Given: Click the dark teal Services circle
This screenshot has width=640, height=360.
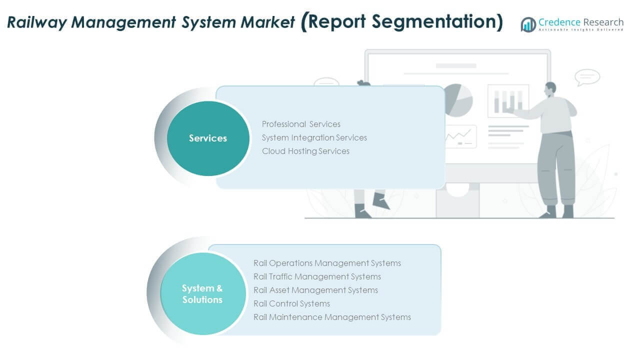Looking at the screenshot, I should pyautogui.click(x=208, y=138).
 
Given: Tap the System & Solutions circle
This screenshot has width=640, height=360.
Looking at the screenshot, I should pyautogui.click(x=202, y=293).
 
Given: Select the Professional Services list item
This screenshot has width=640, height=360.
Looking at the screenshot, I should pyautogui.click(x=301, y=124).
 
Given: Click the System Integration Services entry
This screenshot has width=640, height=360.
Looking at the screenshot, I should pyautogui.click(x=314, y=137).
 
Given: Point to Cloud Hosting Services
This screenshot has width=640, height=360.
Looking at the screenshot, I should pyautogui.click(x=305, y=151).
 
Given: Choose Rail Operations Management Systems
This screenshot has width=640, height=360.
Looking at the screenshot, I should pyautogui.click(x=327, y=263).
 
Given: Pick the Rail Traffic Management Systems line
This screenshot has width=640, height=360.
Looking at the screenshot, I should pyautogui.click(x=317, y=276).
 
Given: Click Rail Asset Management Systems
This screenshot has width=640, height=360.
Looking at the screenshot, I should pyautogui.click(x=315, y=290).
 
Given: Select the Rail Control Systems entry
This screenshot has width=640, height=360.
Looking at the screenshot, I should pyautogui.click(x=291, y=303).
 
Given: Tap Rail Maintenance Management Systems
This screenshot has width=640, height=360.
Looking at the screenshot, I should pyautogui.click(x=332, y=317).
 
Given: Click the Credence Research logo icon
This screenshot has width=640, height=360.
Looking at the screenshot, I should pyautogui.click(x=528, y=24).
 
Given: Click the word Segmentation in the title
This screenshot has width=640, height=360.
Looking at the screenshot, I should pyautogui.click(x=435, y=22).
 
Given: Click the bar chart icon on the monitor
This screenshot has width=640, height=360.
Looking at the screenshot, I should pyautogui.click(x=508, y=100).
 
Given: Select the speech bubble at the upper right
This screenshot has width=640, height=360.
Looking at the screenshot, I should pyautogui.click(x=587, y=77).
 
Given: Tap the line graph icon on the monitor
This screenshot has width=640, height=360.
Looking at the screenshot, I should pyautogui.click(x=459, y=136).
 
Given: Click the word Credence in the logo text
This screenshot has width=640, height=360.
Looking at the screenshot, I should pyautogui.click(x=559, y=22).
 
